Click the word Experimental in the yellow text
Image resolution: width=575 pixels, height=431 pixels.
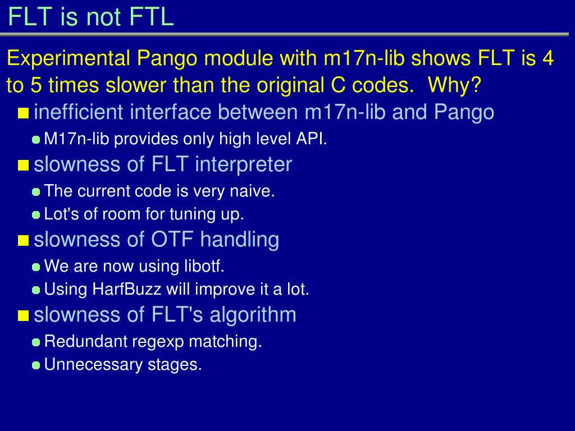point(69,58)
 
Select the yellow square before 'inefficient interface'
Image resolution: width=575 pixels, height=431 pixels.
point(23,113)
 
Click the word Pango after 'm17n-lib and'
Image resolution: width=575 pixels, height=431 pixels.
point(464,112)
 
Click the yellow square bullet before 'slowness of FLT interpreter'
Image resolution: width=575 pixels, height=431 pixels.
point(23,166)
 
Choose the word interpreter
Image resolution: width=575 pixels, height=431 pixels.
point(244,164)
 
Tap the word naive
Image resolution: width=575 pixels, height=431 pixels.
point(252,191)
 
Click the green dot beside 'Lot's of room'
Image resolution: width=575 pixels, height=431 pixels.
point(36,215)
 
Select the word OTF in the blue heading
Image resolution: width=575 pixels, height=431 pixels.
point(172,240)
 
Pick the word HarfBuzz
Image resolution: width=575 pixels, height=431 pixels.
point(126,289)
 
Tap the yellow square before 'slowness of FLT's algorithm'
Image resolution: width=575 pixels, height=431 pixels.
point(23,315)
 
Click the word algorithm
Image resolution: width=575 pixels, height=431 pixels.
point(253,315)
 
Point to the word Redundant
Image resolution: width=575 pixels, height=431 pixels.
point(86,342)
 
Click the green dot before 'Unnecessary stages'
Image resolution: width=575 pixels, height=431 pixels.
point(36,365)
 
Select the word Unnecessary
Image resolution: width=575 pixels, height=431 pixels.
point(94,365)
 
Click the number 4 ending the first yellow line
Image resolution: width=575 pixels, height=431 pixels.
point(548,58)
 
